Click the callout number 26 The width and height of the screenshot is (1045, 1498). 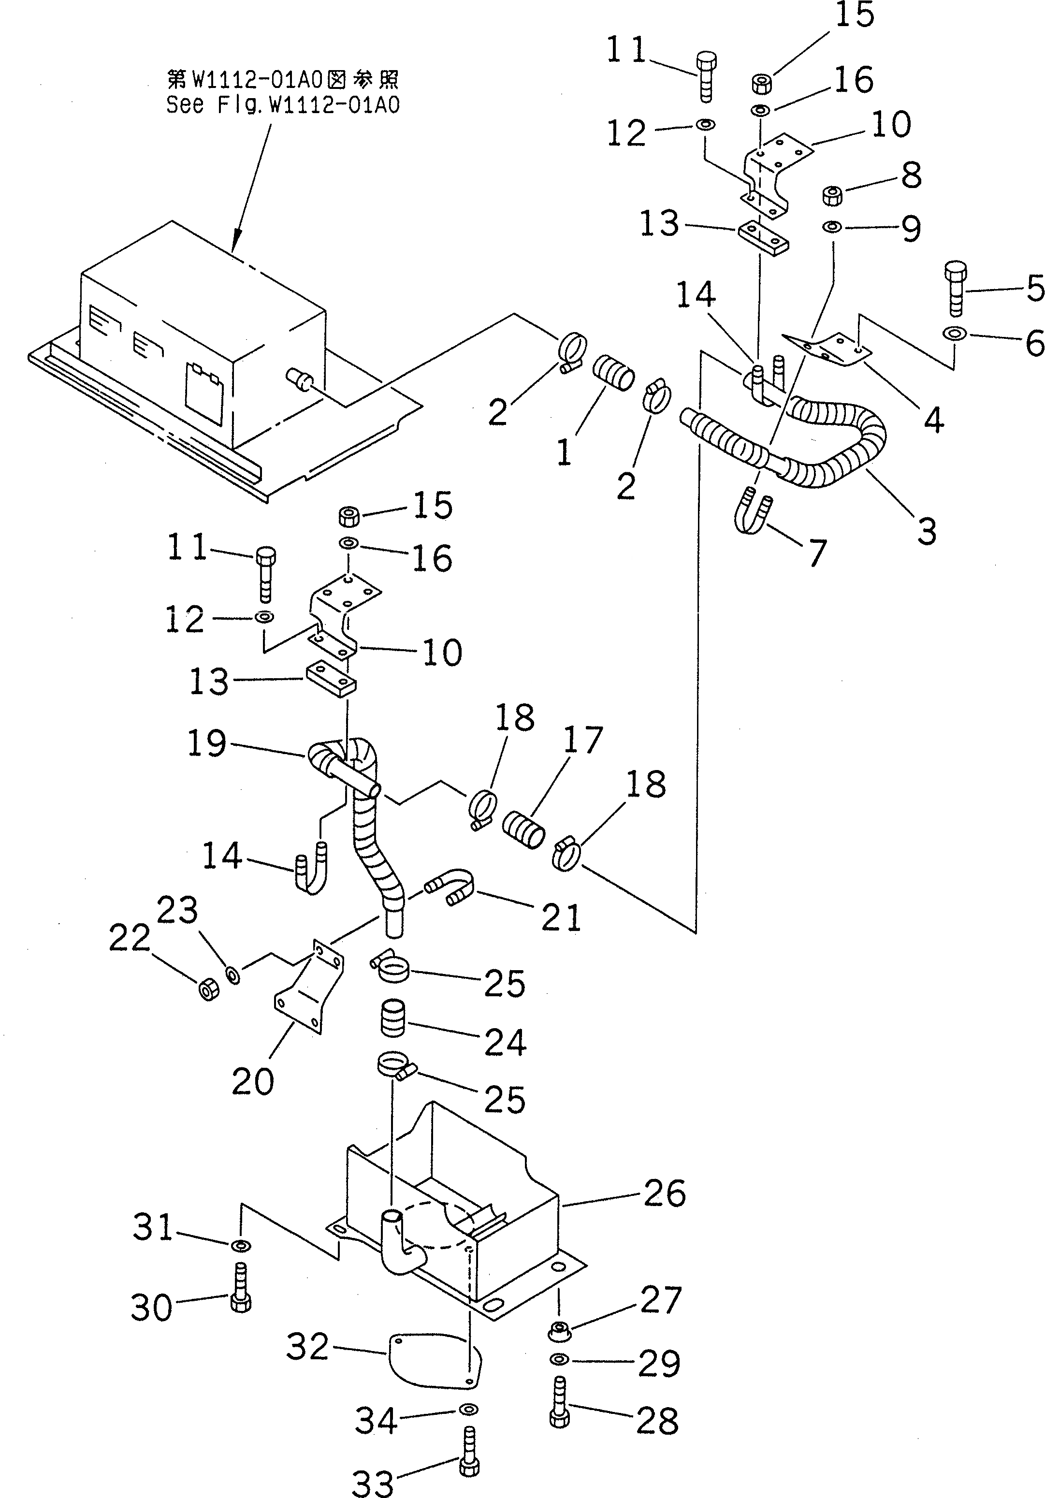click(664, 1194)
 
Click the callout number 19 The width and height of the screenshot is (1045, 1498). click(207, 743)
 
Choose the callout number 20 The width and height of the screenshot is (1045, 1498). click(252, 1082)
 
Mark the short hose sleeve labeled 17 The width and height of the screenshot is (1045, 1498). click(523, 829)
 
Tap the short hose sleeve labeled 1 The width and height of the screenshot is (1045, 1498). click(613, 373)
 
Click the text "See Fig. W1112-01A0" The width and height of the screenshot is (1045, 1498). click(282, 104)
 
